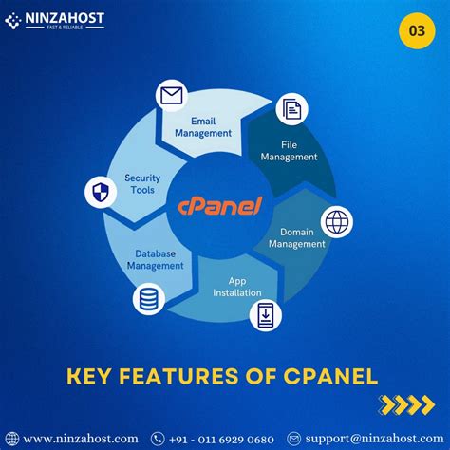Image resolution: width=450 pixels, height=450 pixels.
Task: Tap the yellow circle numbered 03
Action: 416,29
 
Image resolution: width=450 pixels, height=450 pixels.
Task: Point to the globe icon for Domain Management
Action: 337,221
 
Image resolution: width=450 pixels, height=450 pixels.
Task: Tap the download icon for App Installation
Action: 266,314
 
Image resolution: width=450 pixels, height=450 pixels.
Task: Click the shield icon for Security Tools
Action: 100,192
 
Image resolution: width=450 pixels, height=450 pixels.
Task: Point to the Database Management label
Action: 156,259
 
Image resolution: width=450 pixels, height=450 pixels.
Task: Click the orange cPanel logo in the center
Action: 220,205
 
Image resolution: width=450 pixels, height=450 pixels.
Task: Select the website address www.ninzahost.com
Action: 80,438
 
